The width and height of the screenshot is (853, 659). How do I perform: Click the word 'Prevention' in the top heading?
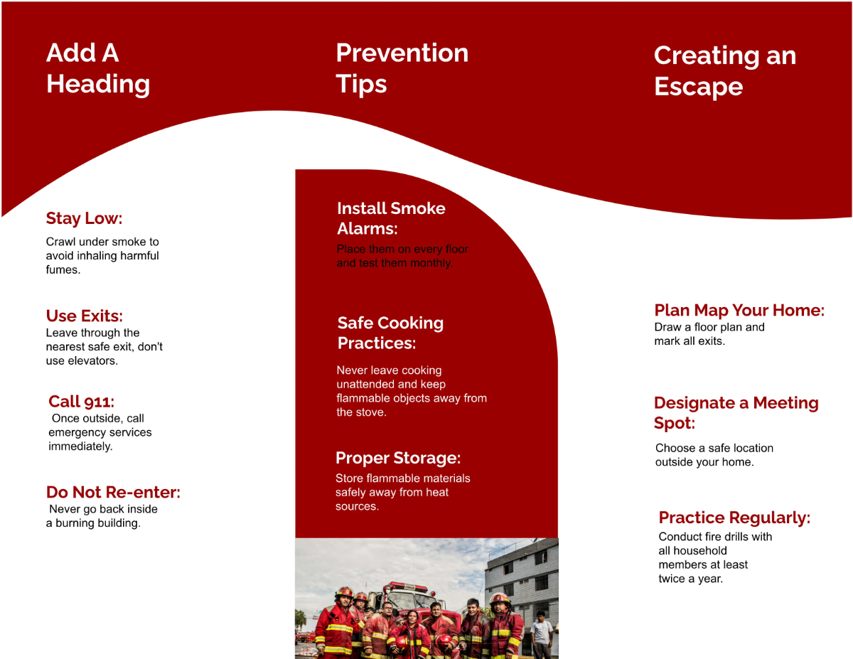402,53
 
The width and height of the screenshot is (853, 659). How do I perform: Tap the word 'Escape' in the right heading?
698,87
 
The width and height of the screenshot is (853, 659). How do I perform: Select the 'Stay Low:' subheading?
84,218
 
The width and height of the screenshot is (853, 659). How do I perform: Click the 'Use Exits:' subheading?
84,316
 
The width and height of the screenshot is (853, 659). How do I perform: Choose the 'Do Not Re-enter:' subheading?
113,492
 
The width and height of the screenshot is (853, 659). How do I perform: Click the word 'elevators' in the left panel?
92,360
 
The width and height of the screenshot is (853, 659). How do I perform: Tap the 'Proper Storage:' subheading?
397,458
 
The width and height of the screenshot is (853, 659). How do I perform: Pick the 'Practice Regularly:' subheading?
734,518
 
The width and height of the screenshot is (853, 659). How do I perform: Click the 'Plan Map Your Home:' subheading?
739,311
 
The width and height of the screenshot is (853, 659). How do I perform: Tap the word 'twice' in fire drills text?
672,579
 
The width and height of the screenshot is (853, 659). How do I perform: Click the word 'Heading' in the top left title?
98,84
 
